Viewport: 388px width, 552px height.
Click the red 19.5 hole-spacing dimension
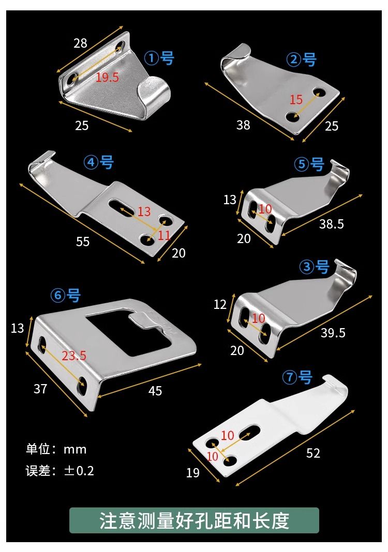(x=107, y=77)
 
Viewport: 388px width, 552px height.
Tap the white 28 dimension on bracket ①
(x=80, y=44)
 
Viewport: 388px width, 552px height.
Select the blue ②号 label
(x=301, y=60)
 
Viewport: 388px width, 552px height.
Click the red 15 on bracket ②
(x=296, y=100)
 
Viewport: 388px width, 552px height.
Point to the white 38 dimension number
(x=243, y=124)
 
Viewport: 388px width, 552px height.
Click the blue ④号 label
(x=98, y=162)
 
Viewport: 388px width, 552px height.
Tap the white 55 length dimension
(x=83, y=242)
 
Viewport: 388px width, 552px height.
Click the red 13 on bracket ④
(x=144, y=211)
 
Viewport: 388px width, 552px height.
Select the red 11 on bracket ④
(x=164, y=235)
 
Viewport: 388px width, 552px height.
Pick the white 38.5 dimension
(x=332, y=224)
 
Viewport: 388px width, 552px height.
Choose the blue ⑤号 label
(x=309, y=164)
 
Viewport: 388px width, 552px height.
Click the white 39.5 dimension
(x=333, y=333)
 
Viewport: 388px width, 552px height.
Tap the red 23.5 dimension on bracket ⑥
(x=74, y=356)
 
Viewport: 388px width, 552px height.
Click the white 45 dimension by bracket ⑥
(x=155, y=391)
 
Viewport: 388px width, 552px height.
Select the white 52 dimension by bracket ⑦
(x=313, y=453)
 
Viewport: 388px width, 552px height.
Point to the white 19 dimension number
(x=193, y=473)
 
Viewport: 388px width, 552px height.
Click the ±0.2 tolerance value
(x=79, y=471)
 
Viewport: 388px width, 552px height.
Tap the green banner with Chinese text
(x=194, y=520)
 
